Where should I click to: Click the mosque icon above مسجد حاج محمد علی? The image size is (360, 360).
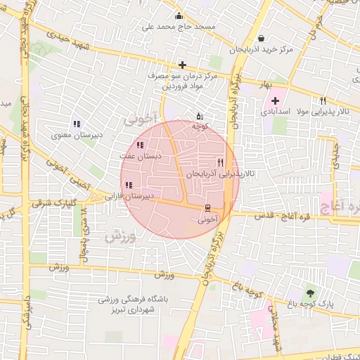[x=179, y=16]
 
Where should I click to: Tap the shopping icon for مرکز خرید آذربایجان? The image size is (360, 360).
[x=262, y=38]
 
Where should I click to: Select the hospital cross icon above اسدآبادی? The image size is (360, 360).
[x=275, y=101]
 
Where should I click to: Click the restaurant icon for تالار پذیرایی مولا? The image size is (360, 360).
[x=323, y=101]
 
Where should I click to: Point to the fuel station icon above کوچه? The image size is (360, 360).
[x=200, y=116]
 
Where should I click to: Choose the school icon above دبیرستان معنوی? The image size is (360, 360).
[x=76, y=124]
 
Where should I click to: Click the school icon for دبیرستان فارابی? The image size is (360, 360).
[x=127, y=186]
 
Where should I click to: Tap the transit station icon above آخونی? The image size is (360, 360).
[x=207, y=208]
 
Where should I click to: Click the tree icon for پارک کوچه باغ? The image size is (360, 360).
[x=310, y=292]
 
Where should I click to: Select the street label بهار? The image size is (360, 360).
[x=266, y=84]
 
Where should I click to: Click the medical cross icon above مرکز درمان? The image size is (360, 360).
[x=182, y=65]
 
